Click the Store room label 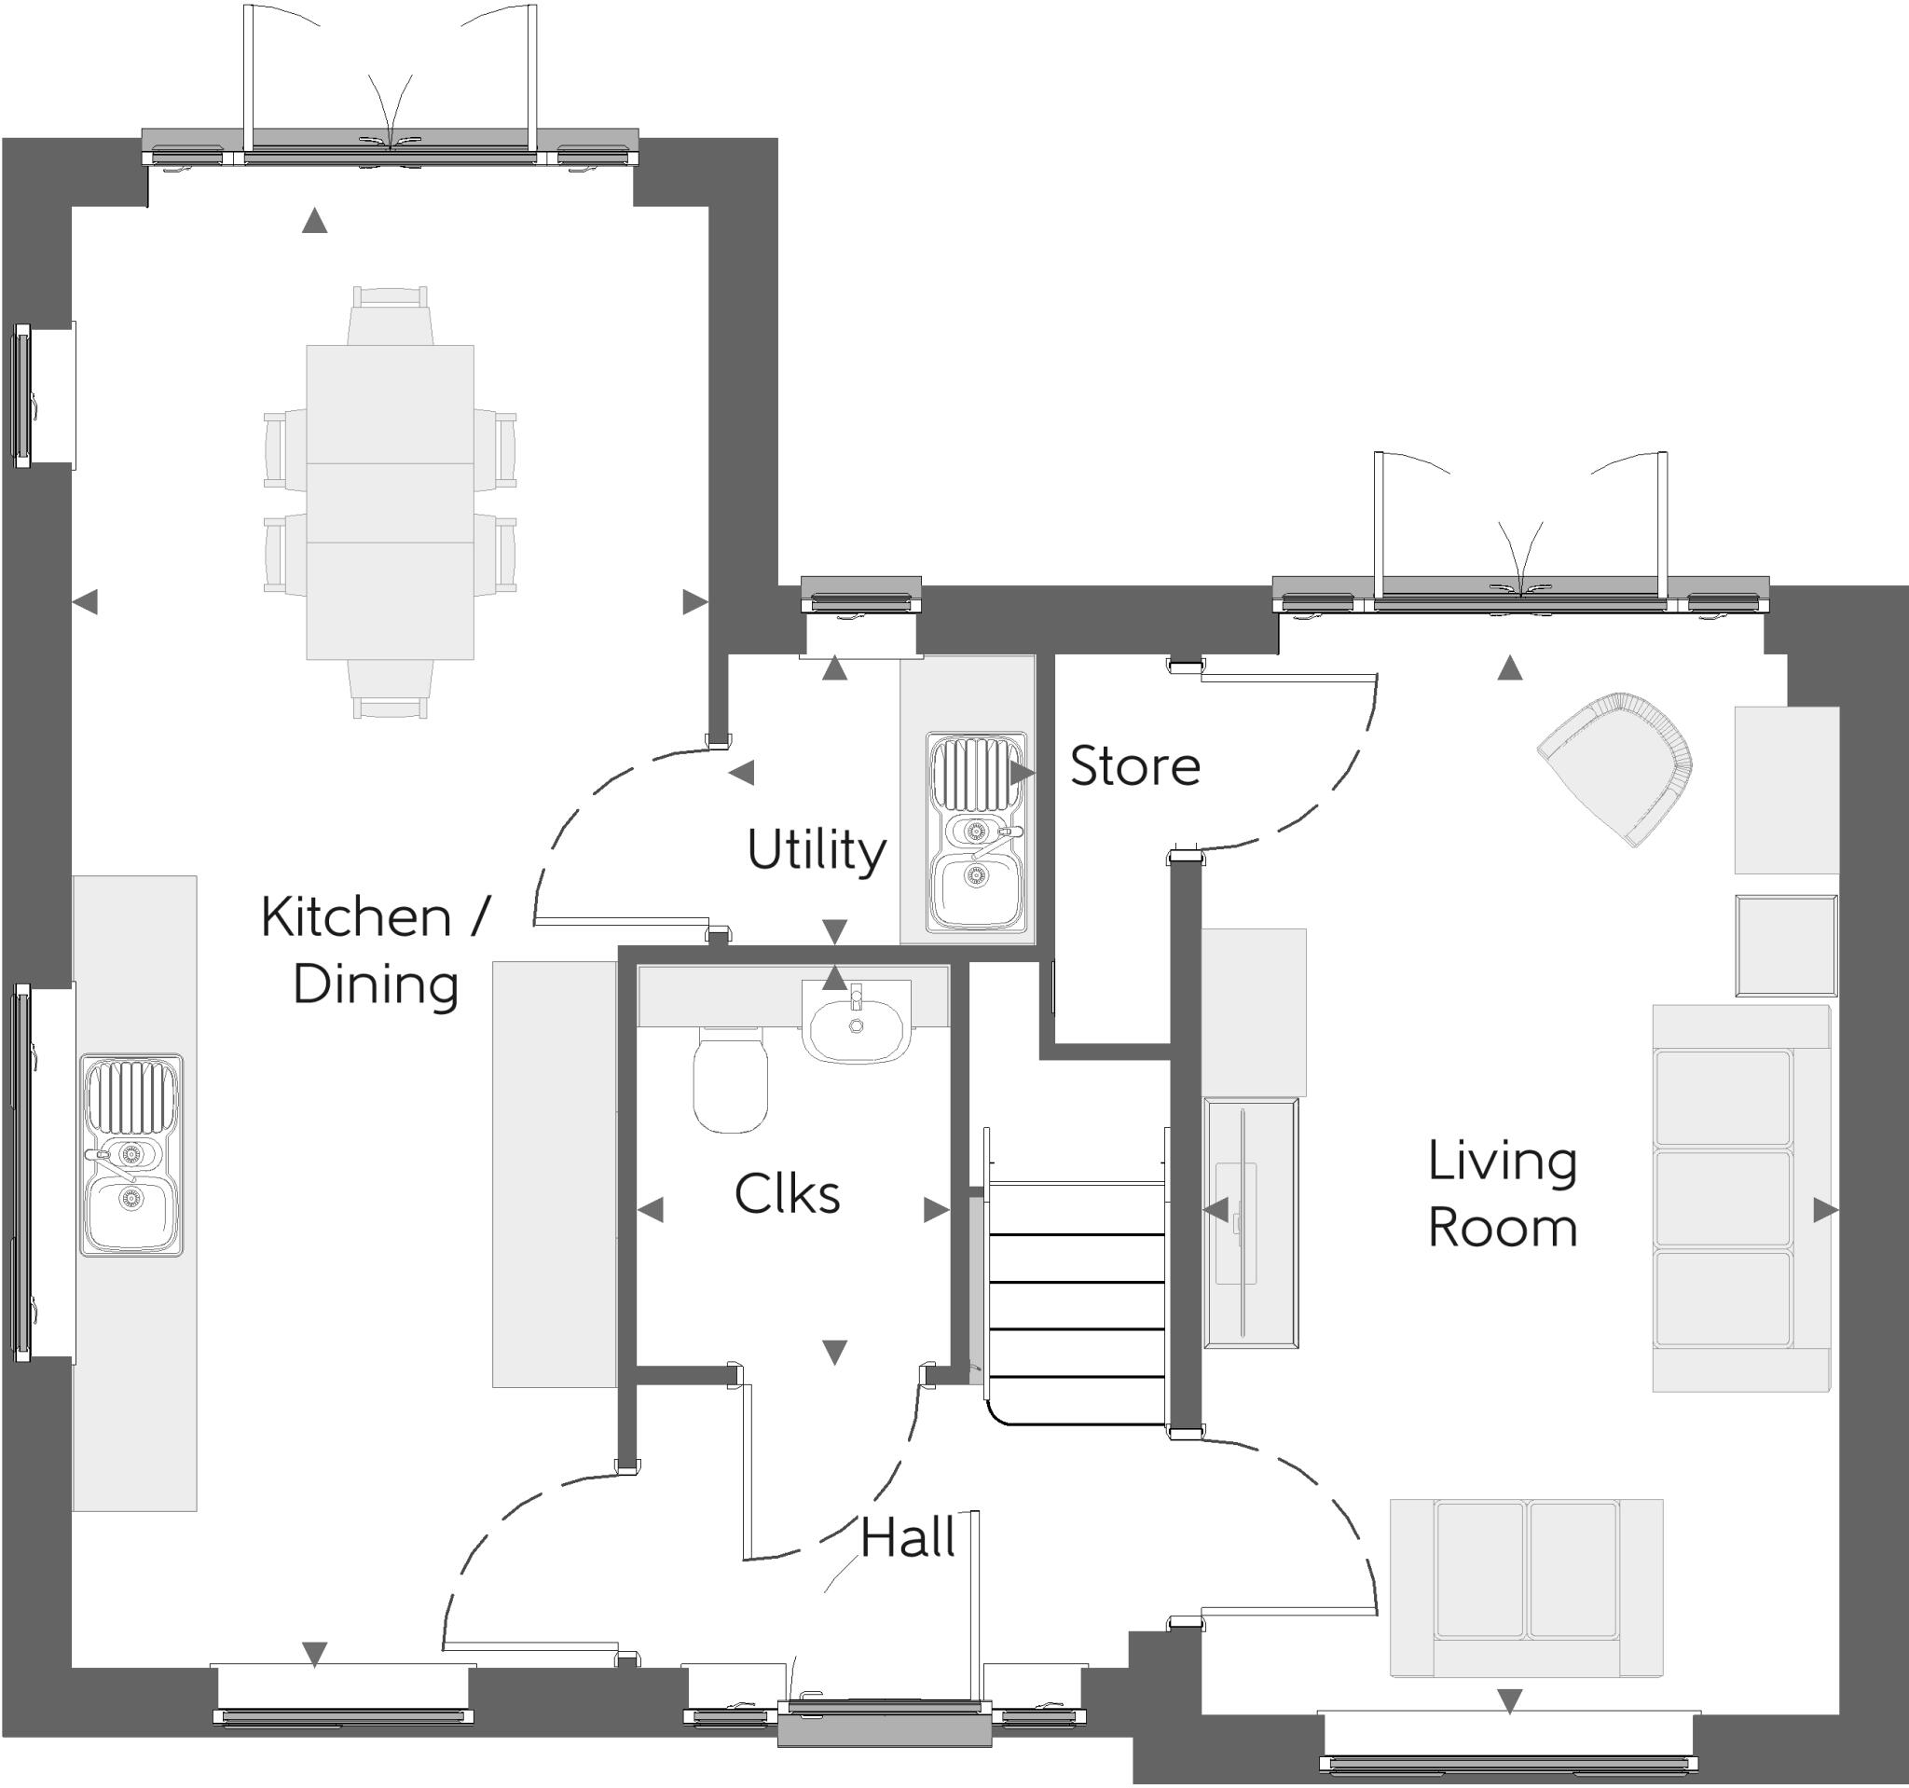(x=1134, y=766)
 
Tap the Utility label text (x=816, y=851)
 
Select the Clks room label (x=787, y=1194)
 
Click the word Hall (x=906, y=1537)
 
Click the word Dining (x=375, y=985)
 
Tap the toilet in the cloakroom (x=730, y=1080)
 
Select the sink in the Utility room (x=976, y=832)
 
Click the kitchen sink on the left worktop (x=131, y=1155)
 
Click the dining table (x=390, y=502)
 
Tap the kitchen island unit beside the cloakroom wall (x=554, y=1174)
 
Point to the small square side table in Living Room (x=1785, y=946)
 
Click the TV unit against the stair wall (x=1250, y=1222)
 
